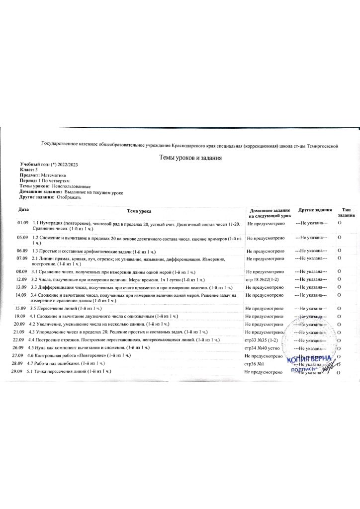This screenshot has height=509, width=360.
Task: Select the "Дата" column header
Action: point(23,209)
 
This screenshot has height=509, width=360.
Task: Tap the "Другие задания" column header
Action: point(311,210)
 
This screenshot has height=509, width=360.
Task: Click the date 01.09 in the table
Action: point(23,223)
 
